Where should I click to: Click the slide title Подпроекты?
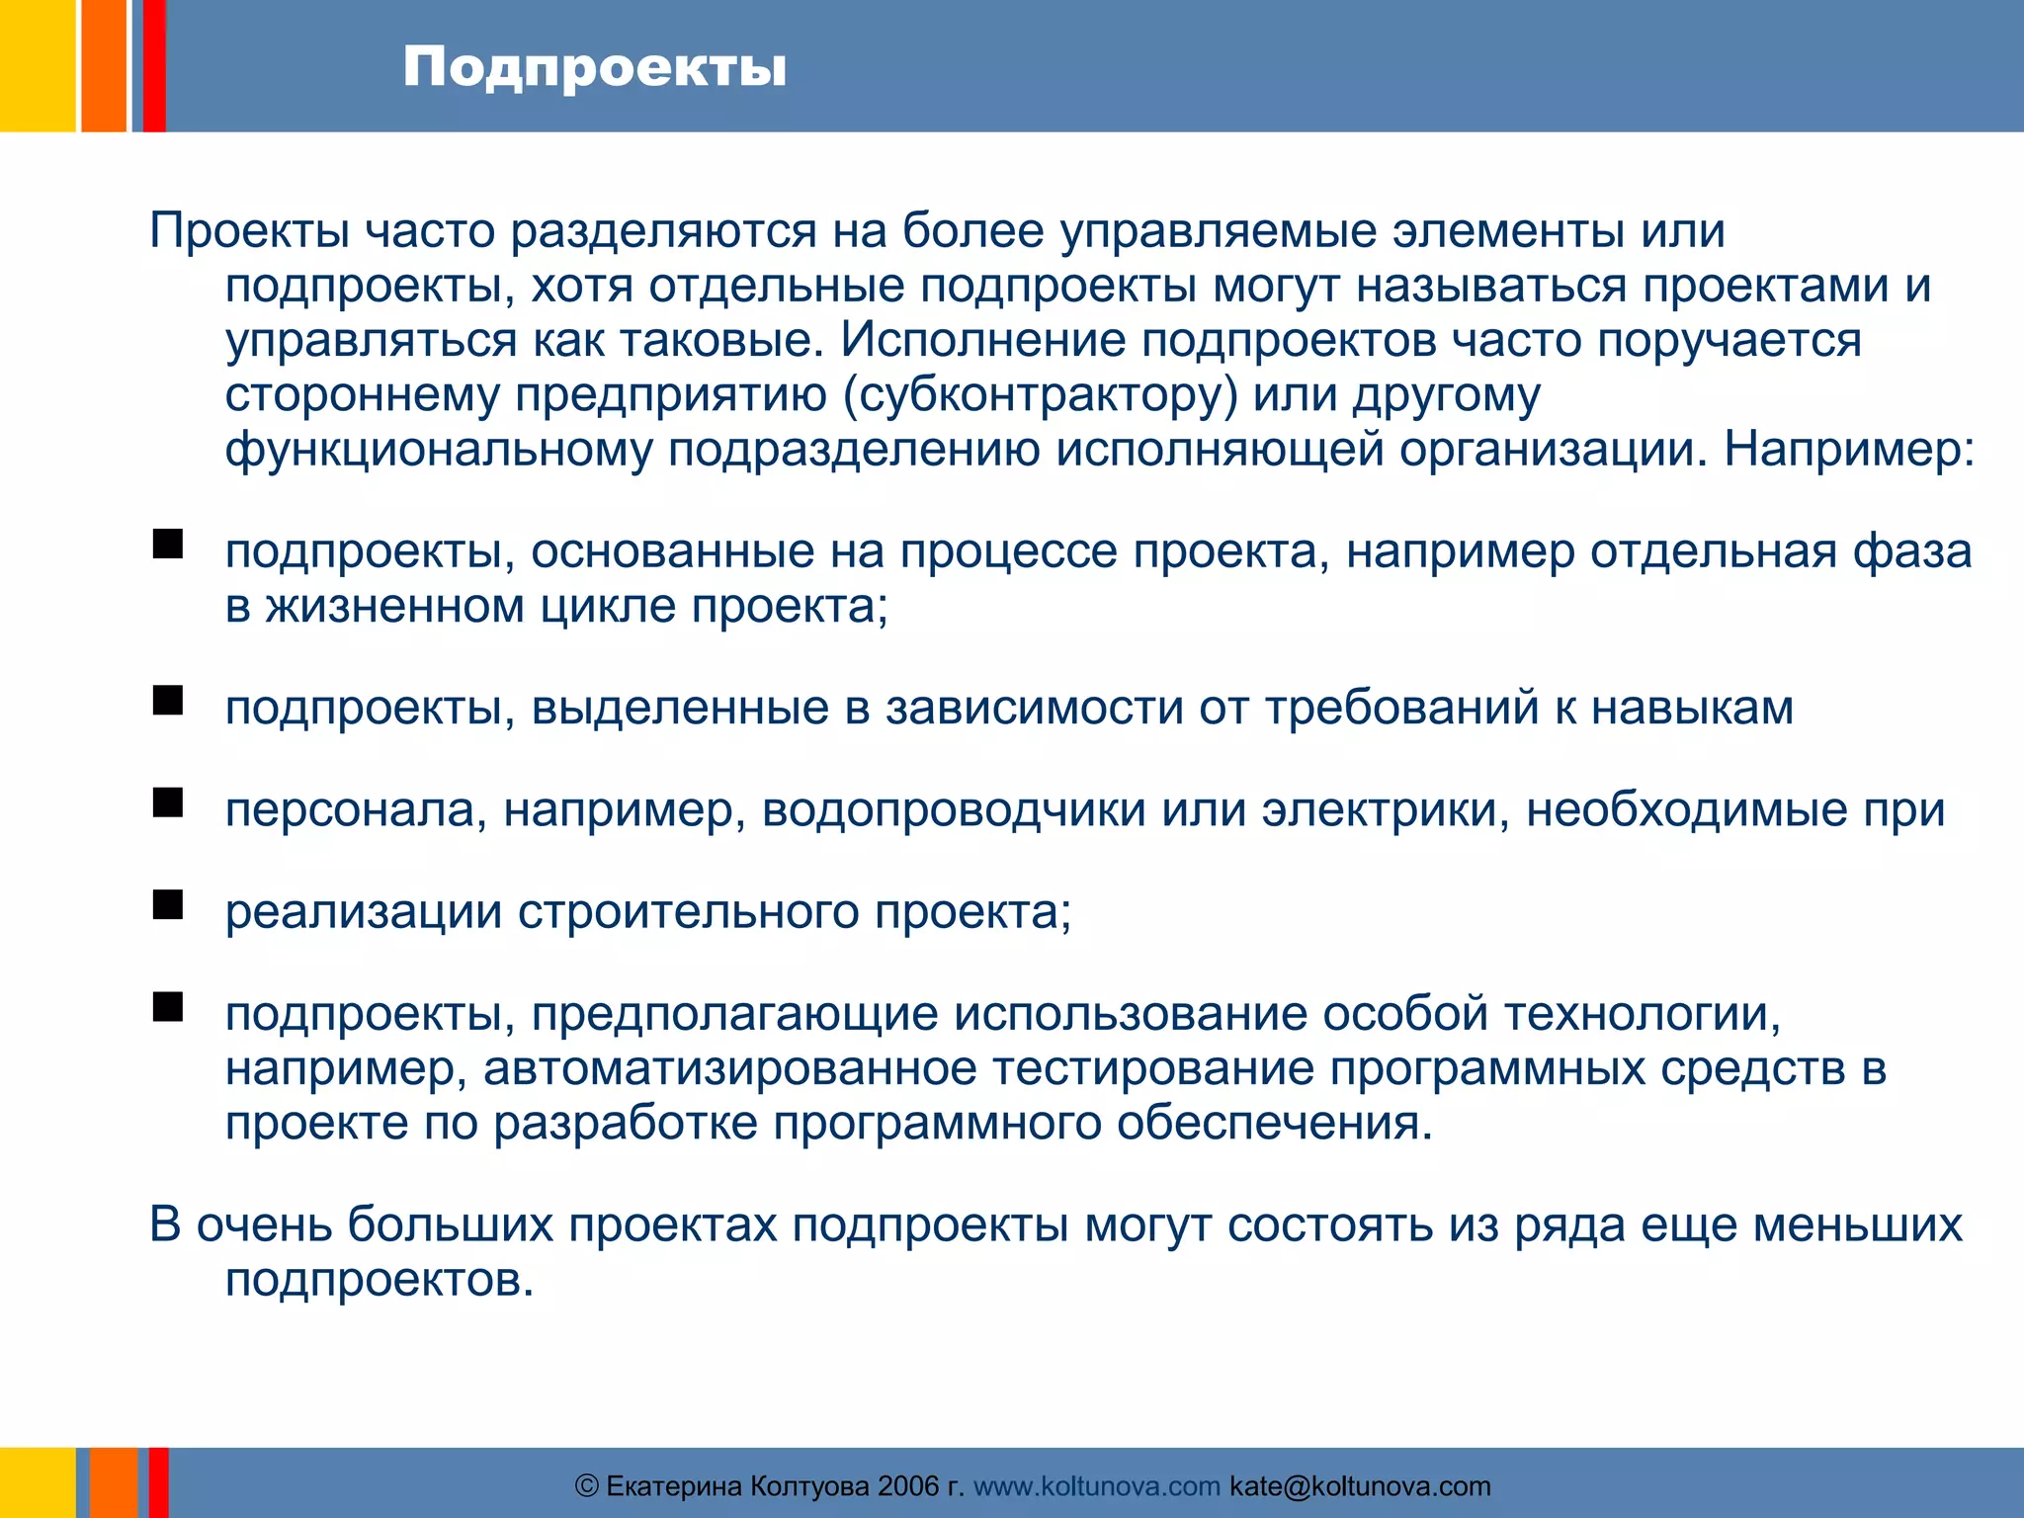pos(594,69)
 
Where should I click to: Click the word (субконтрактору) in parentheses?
pos(1041,395)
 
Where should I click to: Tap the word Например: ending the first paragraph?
pos(1849,450)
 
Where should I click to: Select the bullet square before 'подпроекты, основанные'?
pos(168,545)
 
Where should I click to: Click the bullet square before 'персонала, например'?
pos(168,803)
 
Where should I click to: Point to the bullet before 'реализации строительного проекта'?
pos(168,905)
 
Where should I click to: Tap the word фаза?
pos(1911,551)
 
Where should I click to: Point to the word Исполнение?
pos(983,341)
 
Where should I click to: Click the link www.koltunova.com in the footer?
pos(1096,1486)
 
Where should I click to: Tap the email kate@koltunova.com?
pos(1360,1486)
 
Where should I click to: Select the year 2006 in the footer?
pos(908,1486)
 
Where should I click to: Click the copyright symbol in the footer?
pos(587,1486)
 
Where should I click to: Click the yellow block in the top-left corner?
pos(37,65)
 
